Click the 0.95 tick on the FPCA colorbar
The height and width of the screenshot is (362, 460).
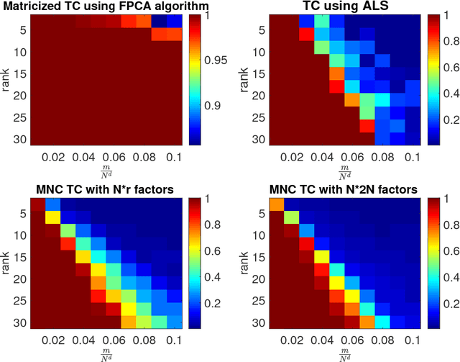tap(213, 61)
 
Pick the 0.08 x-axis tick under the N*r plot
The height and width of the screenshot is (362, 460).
tap(144, 340)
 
